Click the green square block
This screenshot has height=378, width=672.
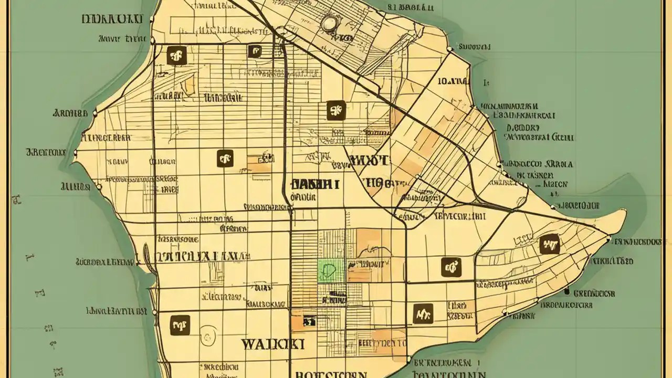(331, 271)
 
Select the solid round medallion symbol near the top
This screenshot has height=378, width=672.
(329, 23)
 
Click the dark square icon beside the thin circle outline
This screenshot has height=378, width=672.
(180, 325)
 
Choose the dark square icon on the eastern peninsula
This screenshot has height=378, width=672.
(549, 244)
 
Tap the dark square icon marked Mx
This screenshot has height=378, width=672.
(423, 313)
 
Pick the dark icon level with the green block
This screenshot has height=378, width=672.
(451, 267)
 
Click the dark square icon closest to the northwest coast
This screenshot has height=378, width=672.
(176, 55)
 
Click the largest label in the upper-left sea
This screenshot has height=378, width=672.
(112, 19)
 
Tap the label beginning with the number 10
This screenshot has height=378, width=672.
(452, 81)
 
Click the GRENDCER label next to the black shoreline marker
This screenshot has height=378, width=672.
(594, 293)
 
